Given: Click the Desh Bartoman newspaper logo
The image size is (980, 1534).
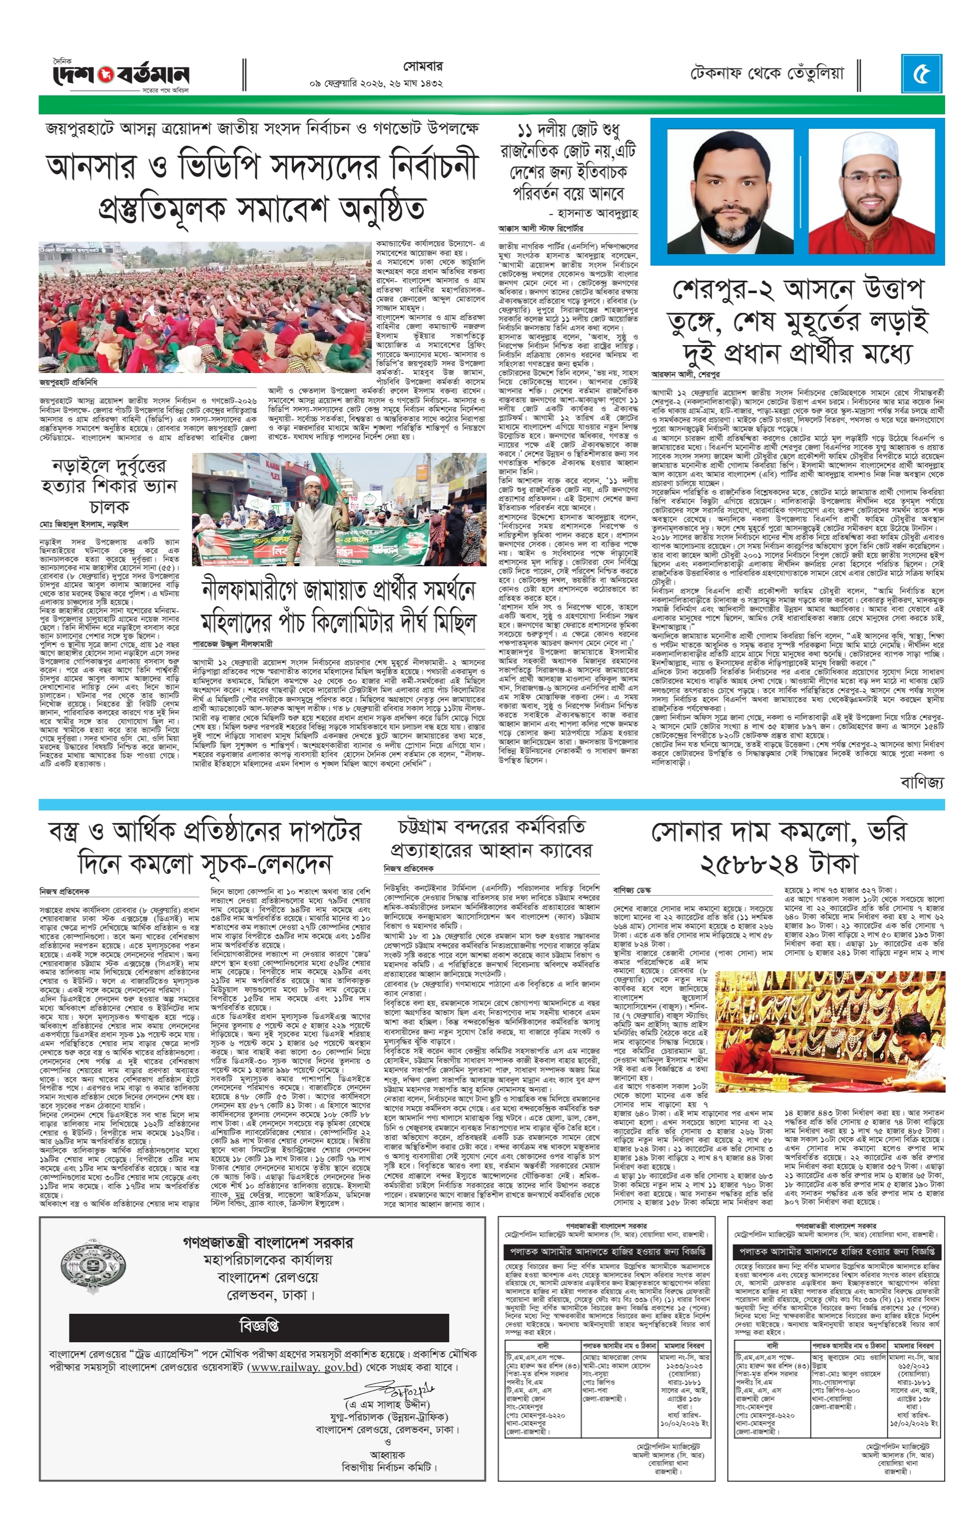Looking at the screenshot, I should click(120, 74).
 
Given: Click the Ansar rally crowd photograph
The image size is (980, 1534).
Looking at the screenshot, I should click(205, 310).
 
